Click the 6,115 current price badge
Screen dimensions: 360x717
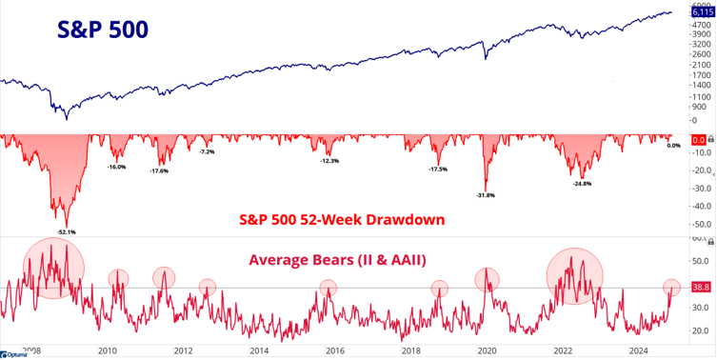click(698, 11)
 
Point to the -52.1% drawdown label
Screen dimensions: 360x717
click(67, 231)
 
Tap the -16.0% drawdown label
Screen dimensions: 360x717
click(116, 167)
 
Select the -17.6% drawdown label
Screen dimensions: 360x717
click(159, 170)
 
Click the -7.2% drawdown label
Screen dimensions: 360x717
click(207, 152)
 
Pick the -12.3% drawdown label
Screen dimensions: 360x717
click(329, 161)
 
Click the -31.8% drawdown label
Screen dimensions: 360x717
click(485, 195)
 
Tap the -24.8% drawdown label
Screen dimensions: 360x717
click(583, 184)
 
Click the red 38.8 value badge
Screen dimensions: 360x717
click(698, 287)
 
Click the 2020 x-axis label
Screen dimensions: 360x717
click(488, 350)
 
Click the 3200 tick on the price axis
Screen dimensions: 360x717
click(700, 44)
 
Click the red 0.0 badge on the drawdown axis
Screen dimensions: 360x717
click(697, 140)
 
